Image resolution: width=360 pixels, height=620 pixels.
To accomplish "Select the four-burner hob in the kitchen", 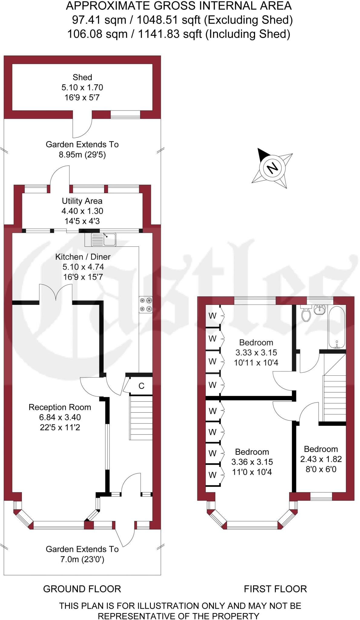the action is [x=146, y=305].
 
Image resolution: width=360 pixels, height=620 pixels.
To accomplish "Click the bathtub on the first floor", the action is [x=337, y=328].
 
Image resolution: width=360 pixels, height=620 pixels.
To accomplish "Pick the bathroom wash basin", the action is [x=319, y=309].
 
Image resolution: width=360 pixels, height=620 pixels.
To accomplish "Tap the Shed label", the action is [x=82, y=77].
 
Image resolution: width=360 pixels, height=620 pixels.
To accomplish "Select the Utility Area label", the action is [x=82, y=201].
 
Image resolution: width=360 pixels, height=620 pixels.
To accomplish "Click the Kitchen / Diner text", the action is [x=83, y=257].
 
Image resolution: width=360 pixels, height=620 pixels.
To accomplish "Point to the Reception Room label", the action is [x=60, y=407].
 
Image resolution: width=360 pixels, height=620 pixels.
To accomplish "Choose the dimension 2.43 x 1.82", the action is [x=321, y=459].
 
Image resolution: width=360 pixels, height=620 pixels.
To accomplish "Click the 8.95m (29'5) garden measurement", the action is [x=82, y=155].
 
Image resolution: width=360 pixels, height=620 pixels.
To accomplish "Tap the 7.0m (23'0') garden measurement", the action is [x=82, y=559].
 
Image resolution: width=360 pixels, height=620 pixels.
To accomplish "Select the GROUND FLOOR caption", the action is [x=82, y=589].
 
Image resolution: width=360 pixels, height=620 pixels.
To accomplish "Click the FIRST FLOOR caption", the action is [x=276, y=589].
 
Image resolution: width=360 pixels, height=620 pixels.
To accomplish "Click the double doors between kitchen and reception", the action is [x=56, y=293].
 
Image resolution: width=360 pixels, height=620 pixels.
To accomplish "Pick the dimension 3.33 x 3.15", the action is [x=256, y=353].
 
